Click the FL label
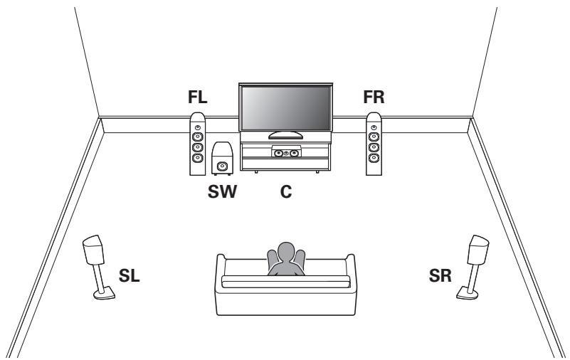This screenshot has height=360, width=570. point(197,97)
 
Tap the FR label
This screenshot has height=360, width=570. point(374,97)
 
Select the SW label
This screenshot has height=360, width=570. point(222,191)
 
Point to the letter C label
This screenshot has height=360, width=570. point(286,191)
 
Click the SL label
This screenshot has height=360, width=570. point(129,276)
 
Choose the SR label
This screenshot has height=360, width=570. point(440,276)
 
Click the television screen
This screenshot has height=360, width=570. point(285,108)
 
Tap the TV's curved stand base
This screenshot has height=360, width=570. point(285,135)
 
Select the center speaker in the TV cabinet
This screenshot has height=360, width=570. point(287,152)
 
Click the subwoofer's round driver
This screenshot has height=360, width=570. point(222,166)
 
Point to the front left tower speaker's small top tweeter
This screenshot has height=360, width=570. point(197,128)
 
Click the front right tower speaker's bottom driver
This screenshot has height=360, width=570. point(374,158)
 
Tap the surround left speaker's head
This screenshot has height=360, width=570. point(94,250)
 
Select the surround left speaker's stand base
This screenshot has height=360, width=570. point(105,293)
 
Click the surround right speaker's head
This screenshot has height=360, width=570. point(477,250)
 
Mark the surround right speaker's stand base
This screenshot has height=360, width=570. point(468,293)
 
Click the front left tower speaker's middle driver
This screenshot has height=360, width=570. point(197,147)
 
